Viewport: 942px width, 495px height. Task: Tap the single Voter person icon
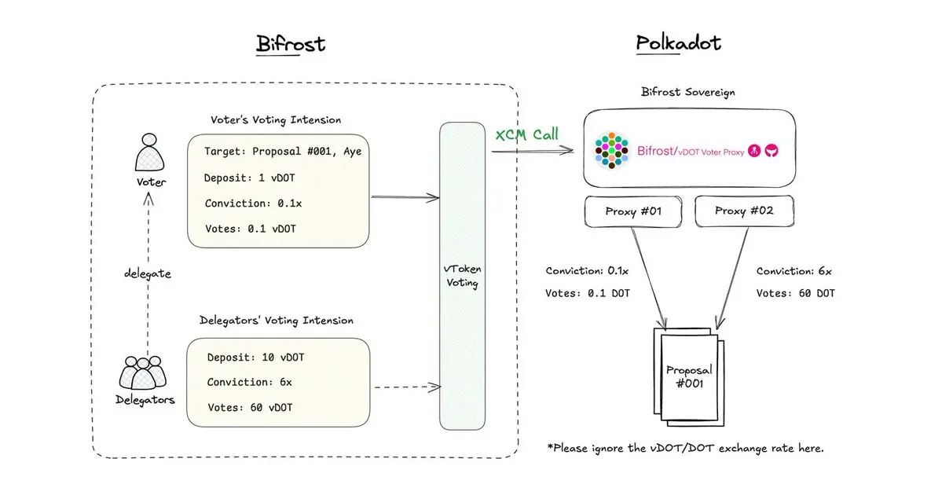tap(149, 152)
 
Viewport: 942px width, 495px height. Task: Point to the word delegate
tap(147, 273)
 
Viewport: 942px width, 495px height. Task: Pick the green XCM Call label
tap(526, 134)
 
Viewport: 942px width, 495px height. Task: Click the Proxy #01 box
tap(632, 211)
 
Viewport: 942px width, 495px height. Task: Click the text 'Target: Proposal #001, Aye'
tap(282, 151)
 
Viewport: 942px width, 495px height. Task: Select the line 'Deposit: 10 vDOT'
tap(255, 357)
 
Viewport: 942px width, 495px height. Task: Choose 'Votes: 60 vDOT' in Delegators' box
tap(250, 407)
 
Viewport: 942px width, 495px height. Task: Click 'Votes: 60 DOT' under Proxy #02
tap(795, 293)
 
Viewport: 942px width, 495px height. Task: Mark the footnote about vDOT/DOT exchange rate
tap(685, 448)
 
